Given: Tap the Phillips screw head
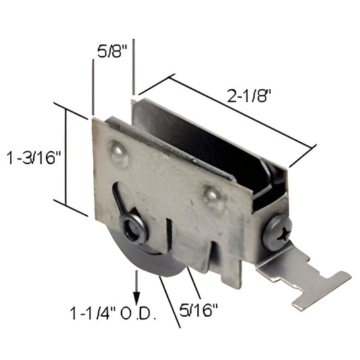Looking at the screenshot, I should click(276, 232).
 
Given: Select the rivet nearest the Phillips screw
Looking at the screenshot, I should click(214, 197).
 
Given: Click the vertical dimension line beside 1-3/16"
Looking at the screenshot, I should click(66, 157).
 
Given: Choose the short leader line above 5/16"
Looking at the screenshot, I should click(192, 276).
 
